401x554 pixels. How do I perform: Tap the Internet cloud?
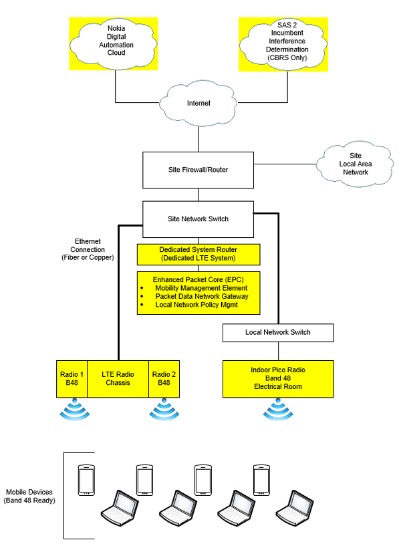click(x=198, y=104)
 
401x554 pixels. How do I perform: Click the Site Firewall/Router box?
click(x=198, y=170)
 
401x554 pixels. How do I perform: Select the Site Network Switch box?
click(x=198, y=219)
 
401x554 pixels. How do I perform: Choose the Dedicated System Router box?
click(x=198, y=254)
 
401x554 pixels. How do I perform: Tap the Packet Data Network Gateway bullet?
click(x=201, y=296)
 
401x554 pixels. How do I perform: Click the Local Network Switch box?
click(x=277, y=332)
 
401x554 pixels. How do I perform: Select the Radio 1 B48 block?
click(x=72, y=378)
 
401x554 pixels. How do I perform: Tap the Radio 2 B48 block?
click(x=164, y=378)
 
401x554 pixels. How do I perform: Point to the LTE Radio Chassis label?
click(x=118, y=378)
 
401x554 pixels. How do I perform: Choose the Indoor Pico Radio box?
click(x=277, y=378)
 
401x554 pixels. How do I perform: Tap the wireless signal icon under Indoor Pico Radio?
click(x=277, y=410)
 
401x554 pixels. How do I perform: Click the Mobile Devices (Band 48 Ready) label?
click(x=29, y=496)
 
